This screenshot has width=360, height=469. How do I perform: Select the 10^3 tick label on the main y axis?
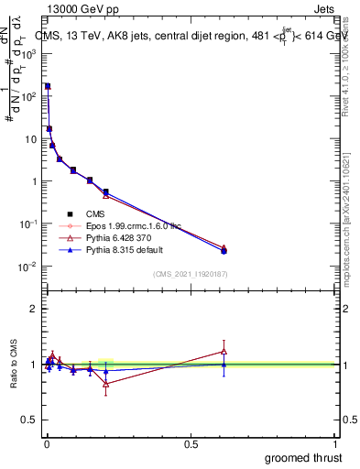(29, 54)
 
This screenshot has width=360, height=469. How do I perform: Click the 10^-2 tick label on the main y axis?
(29, 267)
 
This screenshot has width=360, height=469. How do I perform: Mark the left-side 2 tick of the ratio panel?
(34, 309)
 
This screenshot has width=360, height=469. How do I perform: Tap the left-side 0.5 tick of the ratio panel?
(30, 420)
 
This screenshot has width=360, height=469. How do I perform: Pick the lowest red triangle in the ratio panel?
(105, 384)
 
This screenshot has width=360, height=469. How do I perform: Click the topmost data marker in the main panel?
(48, 86)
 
